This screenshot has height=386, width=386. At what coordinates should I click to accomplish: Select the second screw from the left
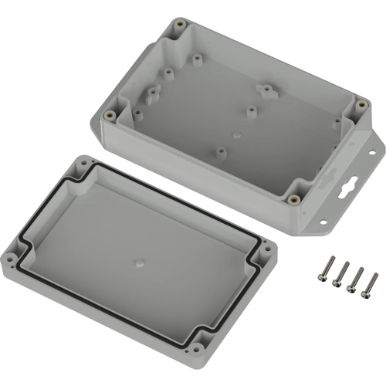(339, 273)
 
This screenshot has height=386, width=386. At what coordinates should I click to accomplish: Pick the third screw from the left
(356, 278)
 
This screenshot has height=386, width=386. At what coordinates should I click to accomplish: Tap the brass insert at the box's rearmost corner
(180, 25)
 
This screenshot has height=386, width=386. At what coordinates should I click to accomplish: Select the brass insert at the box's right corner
(361, 104)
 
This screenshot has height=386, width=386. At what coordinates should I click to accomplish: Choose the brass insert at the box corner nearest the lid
(294, 198)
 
